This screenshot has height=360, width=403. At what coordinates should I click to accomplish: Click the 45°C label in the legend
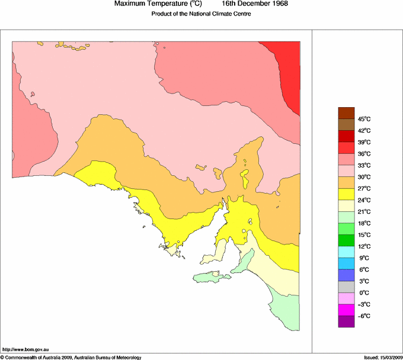tap(366, 119)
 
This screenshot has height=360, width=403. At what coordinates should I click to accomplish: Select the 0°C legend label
tap(366, 293)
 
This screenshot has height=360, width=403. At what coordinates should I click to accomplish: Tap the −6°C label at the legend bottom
tap(365, 316)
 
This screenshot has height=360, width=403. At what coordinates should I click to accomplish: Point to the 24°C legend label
tap(366, 200)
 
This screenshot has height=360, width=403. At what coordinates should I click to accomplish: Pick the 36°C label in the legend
tap(366, 154)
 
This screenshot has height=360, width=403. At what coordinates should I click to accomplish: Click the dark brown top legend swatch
tap(346, 113)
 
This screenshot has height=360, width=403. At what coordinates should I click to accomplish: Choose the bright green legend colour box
tap(346, 229)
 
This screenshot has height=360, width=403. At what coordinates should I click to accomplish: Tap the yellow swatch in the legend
tap(346, 194)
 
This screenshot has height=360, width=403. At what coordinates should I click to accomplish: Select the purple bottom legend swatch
tap(346, 322)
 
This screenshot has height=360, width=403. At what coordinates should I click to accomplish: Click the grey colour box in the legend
tap(346, 287)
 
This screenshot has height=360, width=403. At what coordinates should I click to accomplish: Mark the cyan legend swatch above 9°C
tap(346, 252)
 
